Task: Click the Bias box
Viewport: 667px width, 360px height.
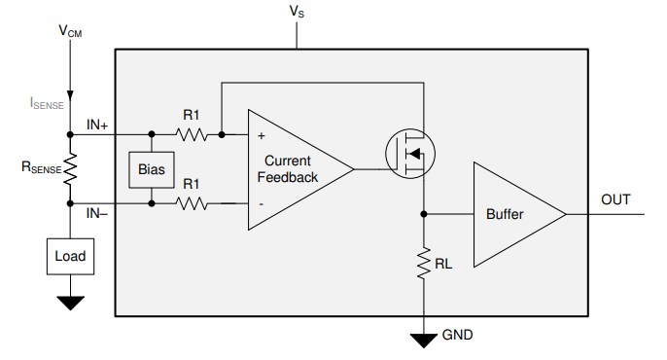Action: [150, 170]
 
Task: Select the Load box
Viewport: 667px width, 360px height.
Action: [70, 257]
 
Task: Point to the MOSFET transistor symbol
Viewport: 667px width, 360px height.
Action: [409, 154]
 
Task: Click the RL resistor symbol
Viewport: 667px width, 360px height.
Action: [425, 263]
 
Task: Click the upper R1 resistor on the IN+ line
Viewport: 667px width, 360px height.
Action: [192, 135]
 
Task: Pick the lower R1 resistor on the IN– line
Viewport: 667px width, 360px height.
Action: [192, 203]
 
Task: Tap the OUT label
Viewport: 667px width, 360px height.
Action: [616, 200]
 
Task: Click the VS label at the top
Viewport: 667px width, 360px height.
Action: [297, 12]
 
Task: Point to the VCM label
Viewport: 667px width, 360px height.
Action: [70, 32]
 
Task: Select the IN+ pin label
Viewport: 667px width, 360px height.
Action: [98, 124]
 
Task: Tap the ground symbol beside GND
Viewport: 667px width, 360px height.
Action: [425, 340]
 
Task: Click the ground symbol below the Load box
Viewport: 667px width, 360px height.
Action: [70, 303]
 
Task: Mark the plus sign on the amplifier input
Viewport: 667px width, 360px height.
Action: [260, 137]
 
